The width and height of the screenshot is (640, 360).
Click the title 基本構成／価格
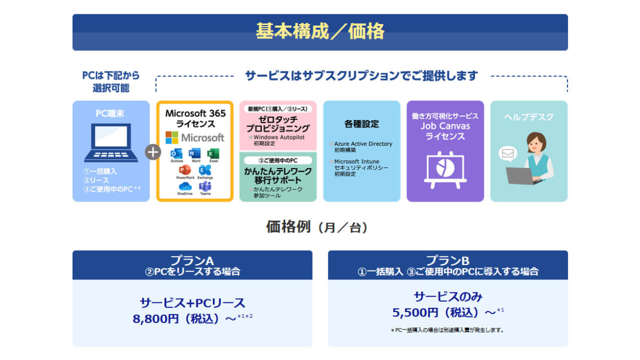[x=320, y=31]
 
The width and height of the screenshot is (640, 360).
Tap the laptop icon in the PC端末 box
[x=111, y=142]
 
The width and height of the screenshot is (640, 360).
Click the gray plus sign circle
[x=153, y=152]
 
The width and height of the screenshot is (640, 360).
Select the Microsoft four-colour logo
[x=172, y=138]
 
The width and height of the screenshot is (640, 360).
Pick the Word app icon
[x=195, y=154]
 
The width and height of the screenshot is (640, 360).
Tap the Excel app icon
[x=213, y=154]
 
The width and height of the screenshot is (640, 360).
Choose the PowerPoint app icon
[x=185, y=170]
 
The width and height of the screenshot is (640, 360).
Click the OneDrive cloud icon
[x=185, y=186]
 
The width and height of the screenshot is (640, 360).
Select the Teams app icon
[x=205, y=186]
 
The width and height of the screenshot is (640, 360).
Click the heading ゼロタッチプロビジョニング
[x=277, y=124]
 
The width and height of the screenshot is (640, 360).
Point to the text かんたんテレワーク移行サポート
[x=277, y=175]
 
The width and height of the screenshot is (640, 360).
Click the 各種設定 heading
[x=362, y=124]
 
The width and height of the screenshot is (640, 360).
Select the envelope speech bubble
[x=507, y=154]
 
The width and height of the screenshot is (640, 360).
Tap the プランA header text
[x=192, y=261]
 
